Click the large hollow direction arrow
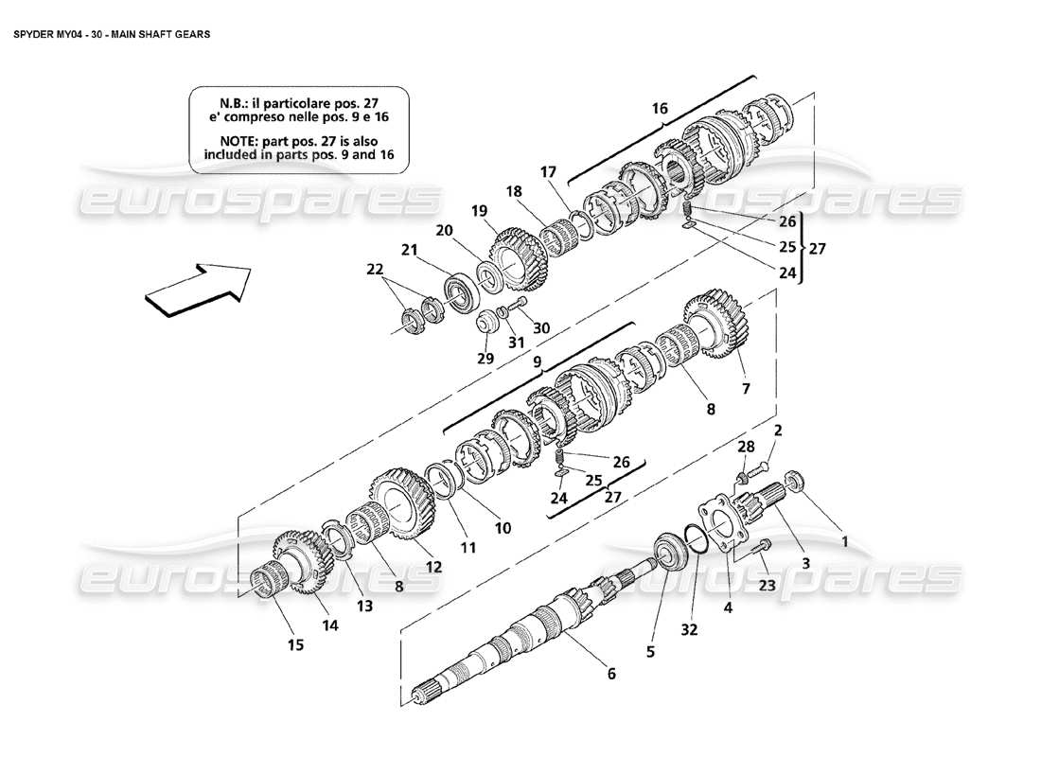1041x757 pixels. coord(197,287)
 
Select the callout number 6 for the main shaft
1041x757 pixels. coord(611,674)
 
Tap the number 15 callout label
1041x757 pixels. coord(295,645)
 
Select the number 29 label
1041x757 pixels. coord(485,359)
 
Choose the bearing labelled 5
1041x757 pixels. coord(672,553)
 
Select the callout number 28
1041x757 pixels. coord(746,446)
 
